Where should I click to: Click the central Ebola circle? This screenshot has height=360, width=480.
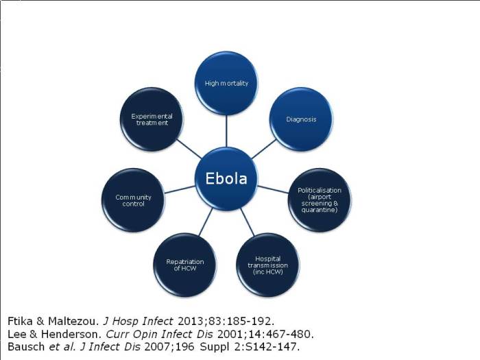coord(226,179)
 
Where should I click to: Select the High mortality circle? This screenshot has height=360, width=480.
coord(226,83)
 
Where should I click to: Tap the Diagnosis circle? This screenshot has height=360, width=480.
coord(301,119)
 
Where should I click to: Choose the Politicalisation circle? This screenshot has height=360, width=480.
coord(319,200)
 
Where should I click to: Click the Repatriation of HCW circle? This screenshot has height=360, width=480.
coord(185,264)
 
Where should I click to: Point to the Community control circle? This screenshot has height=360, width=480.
coord(133,200)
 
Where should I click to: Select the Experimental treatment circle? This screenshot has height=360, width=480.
coord(152,119)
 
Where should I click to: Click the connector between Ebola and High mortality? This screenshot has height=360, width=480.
coord(226,130)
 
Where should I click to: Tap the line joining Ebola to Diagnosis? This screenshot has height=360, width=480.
coord(264,149)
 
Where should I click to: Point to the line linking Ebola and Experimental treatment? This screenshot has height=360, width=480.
coord(188,149)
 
